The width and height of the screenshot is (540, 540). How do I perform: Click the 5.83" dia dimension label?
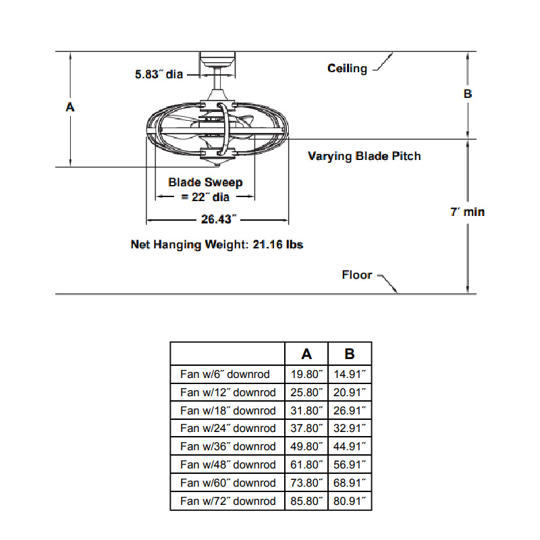coord(159,74)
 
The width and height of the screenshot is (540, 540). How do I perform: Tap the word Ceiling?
coord(347,68)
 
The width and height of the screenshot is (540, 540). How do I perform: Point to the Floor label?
coord(357,275)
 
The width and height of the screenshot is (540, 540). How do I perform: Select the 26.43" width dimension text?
coord(217,219)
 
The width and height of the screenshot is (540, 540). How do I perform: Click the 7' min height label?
coord(467,212)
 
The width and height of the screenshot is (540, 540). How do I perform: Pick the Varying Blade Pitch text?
coord(364,156)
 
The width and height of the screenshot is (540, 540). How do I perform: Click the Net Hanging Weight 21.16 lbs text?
coord(217,244)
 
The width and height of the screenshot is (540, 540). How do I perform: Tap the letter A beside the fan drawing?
coord(70,107)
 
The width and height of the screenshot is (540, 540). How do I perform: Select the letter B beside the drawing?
coord(467,94)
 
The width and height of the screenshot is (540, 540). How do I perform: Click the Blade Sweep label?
coord(205,182)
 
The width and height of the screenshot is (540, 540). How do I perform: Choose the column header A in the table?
coord(306,354)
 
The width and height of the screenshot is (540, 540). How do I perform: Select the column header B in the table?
coord(350,354)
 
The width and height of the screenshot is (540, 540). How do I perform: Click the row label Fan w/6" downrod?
coord(225,374)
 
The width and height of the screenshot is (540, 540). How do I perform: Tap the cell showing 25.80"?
coord(306,392)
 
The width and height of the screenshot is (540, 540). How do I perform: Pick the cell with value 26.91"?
coord(350,410)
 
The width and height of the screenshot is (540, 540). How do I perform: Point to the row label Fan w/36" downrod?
coord(227,446)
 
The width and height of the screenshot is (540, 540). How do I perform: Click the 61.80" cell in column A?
coord(306,464)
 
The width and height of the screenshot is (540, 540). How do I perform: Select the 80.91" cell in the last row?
coord(350,501)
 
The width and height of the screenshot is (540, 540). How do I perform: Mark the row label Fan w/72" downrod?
coord(227,501)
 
